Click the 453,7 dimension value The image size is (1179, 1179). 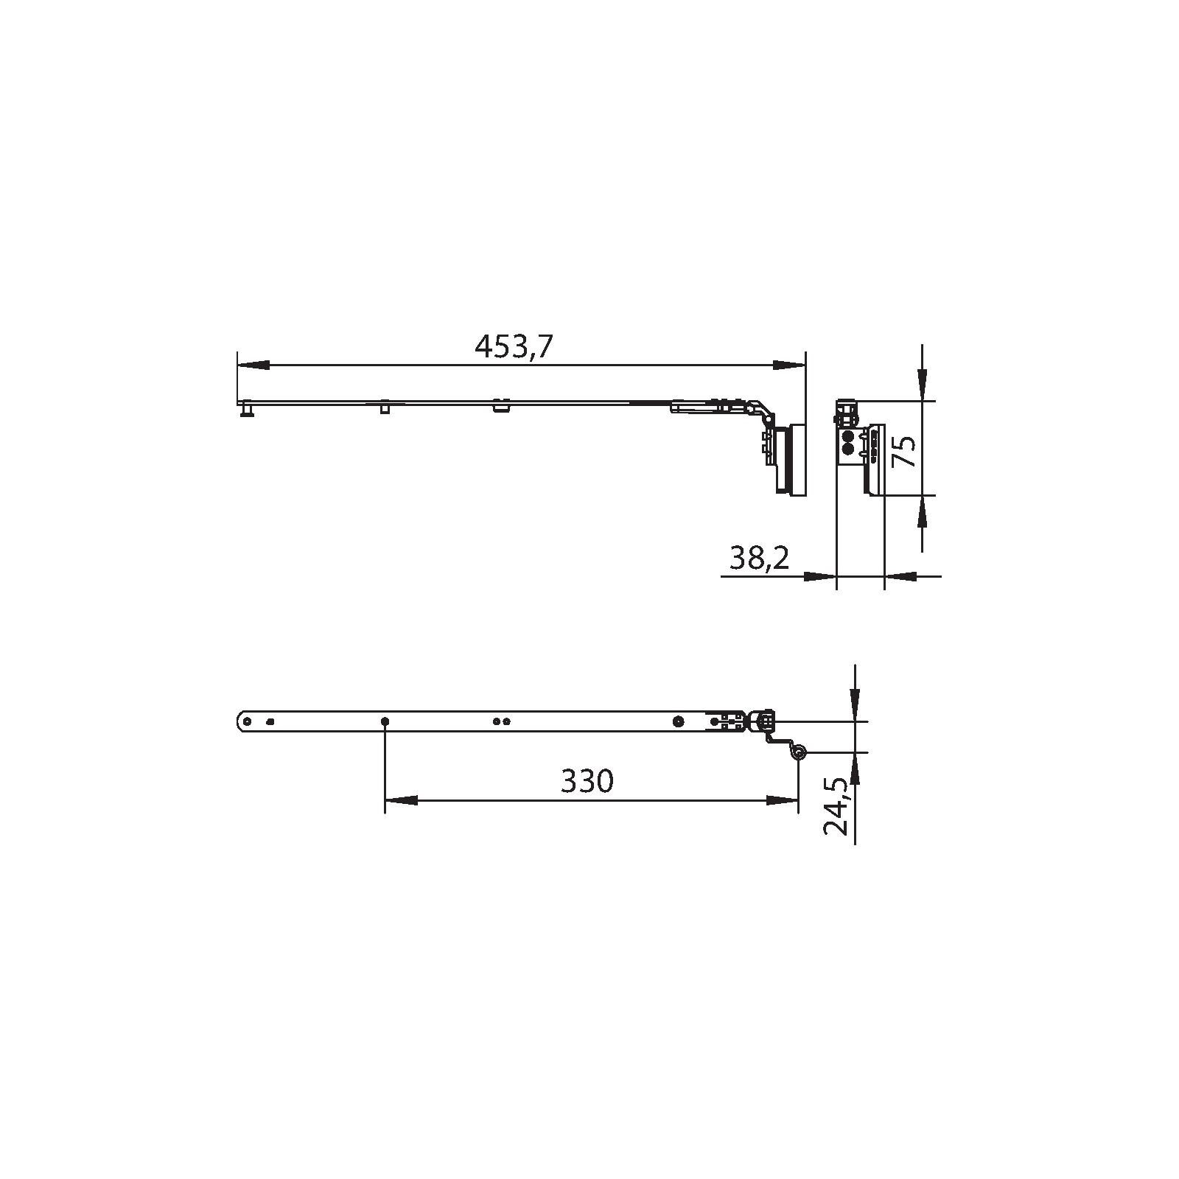[513, 346]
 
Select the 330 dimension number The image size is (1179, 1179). [587, 781]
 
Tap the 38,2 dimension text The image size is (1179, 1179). [759, 559]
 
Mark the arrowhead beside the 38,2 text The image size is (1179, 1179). [819, 576]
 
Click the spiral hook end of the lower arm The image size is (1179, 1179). [798, 752]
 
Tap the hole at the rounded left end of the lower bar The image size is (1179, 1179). [248, 721]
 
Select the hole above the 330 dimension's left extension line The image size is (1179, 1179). [385, 721]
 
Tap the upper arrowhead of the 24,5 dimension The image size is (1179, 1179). [854, 705]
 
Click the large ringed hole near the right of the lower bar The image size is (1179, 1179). [678, 721]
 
